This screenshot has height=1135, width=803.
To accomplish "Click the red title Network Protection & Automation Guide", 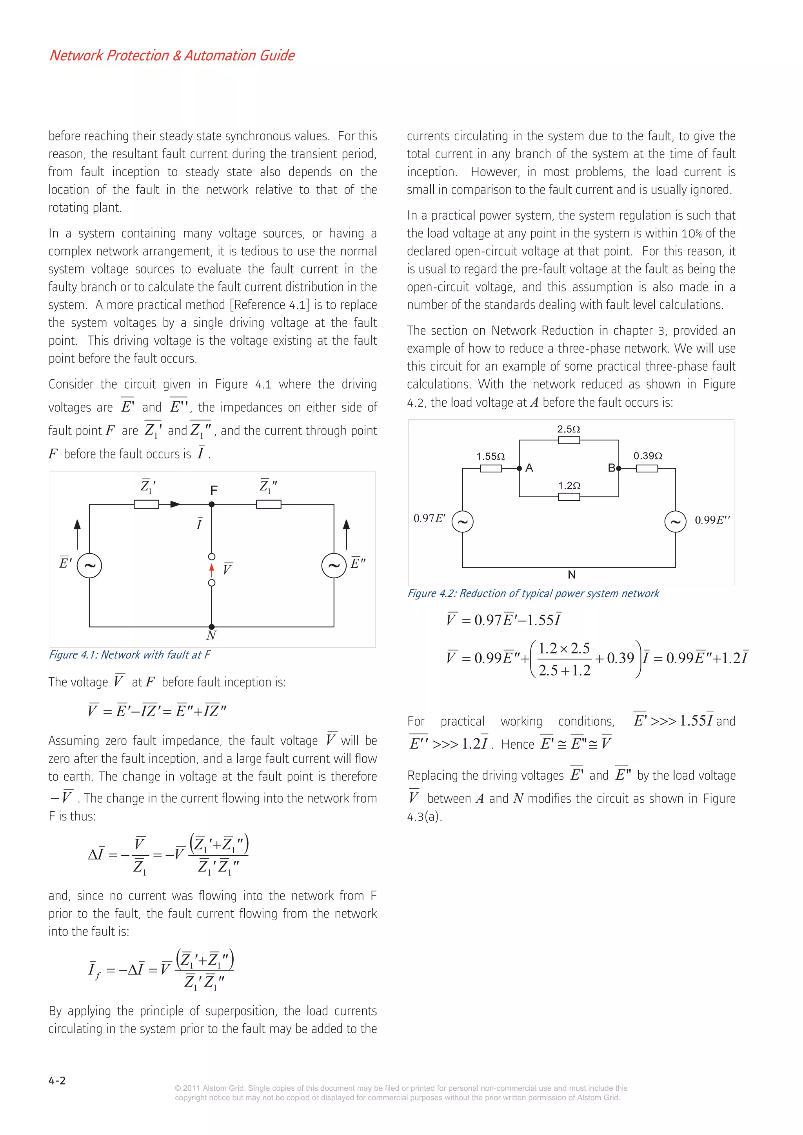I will coord(172,55).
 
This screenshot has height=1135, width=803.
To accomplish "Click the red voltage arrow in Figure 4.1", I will coord(212,570).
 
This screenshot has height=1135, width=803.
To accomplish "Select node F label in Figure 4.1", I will coord(214,491).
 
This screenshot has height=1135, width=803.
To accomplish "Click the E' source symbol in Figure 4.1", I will coord(89,565).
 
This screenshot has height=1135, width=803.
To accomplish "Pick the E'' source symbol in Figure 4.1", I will coord(334,565).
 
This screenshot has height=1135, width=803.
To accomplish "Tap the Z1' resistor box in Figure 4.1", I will coord(147,504).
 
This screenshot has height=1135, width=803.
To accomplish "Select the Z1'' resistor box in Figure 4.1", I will coord(269,504).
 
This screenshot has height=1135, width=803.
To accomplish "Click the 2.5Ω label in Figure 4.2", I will coord(569,429).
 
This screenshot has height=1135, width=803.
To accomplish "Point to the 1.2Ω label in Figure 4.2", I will coord(569,485).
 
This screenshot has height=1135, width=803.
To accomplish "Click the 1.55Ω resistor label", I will coord(491,456).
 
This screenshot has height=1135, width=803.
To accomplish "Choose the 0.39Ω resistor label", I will coord(648,456).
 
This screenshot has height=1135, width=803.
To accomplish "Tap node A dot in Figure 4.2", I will coord(520,468).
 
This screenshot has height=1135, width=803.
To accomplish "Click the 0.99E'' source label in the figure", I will coord(712,520).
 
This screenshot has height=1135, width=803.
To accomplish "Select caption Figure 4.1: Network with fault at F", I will coord(130,655).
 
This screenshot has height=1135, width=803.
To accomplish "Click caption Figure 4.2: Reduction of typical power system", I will coord(533,593).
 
